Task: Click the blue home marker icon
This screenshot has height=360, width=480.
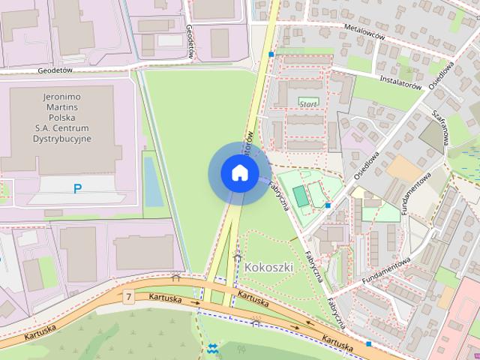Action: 238,173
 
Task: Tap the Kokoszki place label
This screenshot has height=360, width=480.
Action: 268,266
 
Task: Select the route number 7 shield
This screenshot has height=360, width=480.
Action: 129,298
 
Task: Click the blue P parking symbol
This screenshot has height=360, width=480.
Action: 77,189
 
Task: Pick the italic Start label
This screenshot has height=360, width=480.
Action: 307,103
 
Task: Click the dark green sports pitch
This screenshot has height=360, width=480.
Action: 301,196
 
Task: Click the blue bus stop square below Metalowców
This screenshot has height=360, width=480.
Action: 271,55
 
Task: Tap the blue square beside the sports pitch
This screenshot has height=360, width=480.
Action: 328,205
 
